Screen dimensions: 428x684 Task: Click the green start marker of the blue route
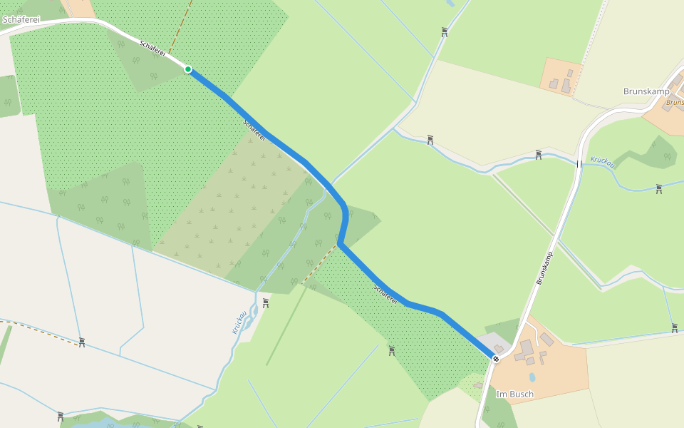pos(188,69)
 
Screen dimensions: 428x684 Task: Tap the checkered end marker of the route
pos(496,359)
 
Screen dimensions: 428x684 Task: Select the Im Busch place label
pos(514,394)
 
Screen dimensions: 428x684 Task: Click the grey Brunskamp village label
pos(646,91)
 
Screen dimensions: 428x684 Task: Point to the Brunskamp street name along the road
pos(545,269)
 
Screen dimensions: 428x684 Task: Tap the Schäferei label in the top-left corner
pos(21,19)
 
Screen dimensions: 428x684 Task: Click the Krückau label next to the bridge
pos(603,163)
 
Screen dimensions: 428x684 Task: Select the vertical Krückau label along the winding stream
pos(239,322)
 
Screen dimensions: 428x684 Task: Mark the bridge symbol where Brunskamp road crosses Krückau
pos(579,164)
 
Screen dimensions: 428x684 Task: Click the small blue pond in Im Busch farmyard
pos(532,377)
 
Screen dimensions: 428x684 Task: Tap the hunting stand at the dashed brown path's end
pos(82,342)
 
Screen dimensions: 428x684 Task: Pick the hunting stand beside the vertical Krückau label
pos(266,302)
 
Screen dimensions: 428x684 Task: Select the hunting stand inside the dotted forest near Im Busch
pos(392,350)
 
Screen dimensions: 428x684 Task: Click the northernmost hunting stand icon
pos(445,31)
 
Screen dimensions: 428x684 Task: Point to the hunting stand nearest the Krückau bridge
pos(539,154)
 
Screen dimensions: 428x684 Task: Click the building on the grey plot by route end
pos(498,348)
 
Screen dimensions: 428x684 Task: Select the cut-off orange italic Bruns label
pos(674,102)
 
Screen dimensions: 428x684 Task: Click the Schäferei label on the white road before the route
pos(152,49)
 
